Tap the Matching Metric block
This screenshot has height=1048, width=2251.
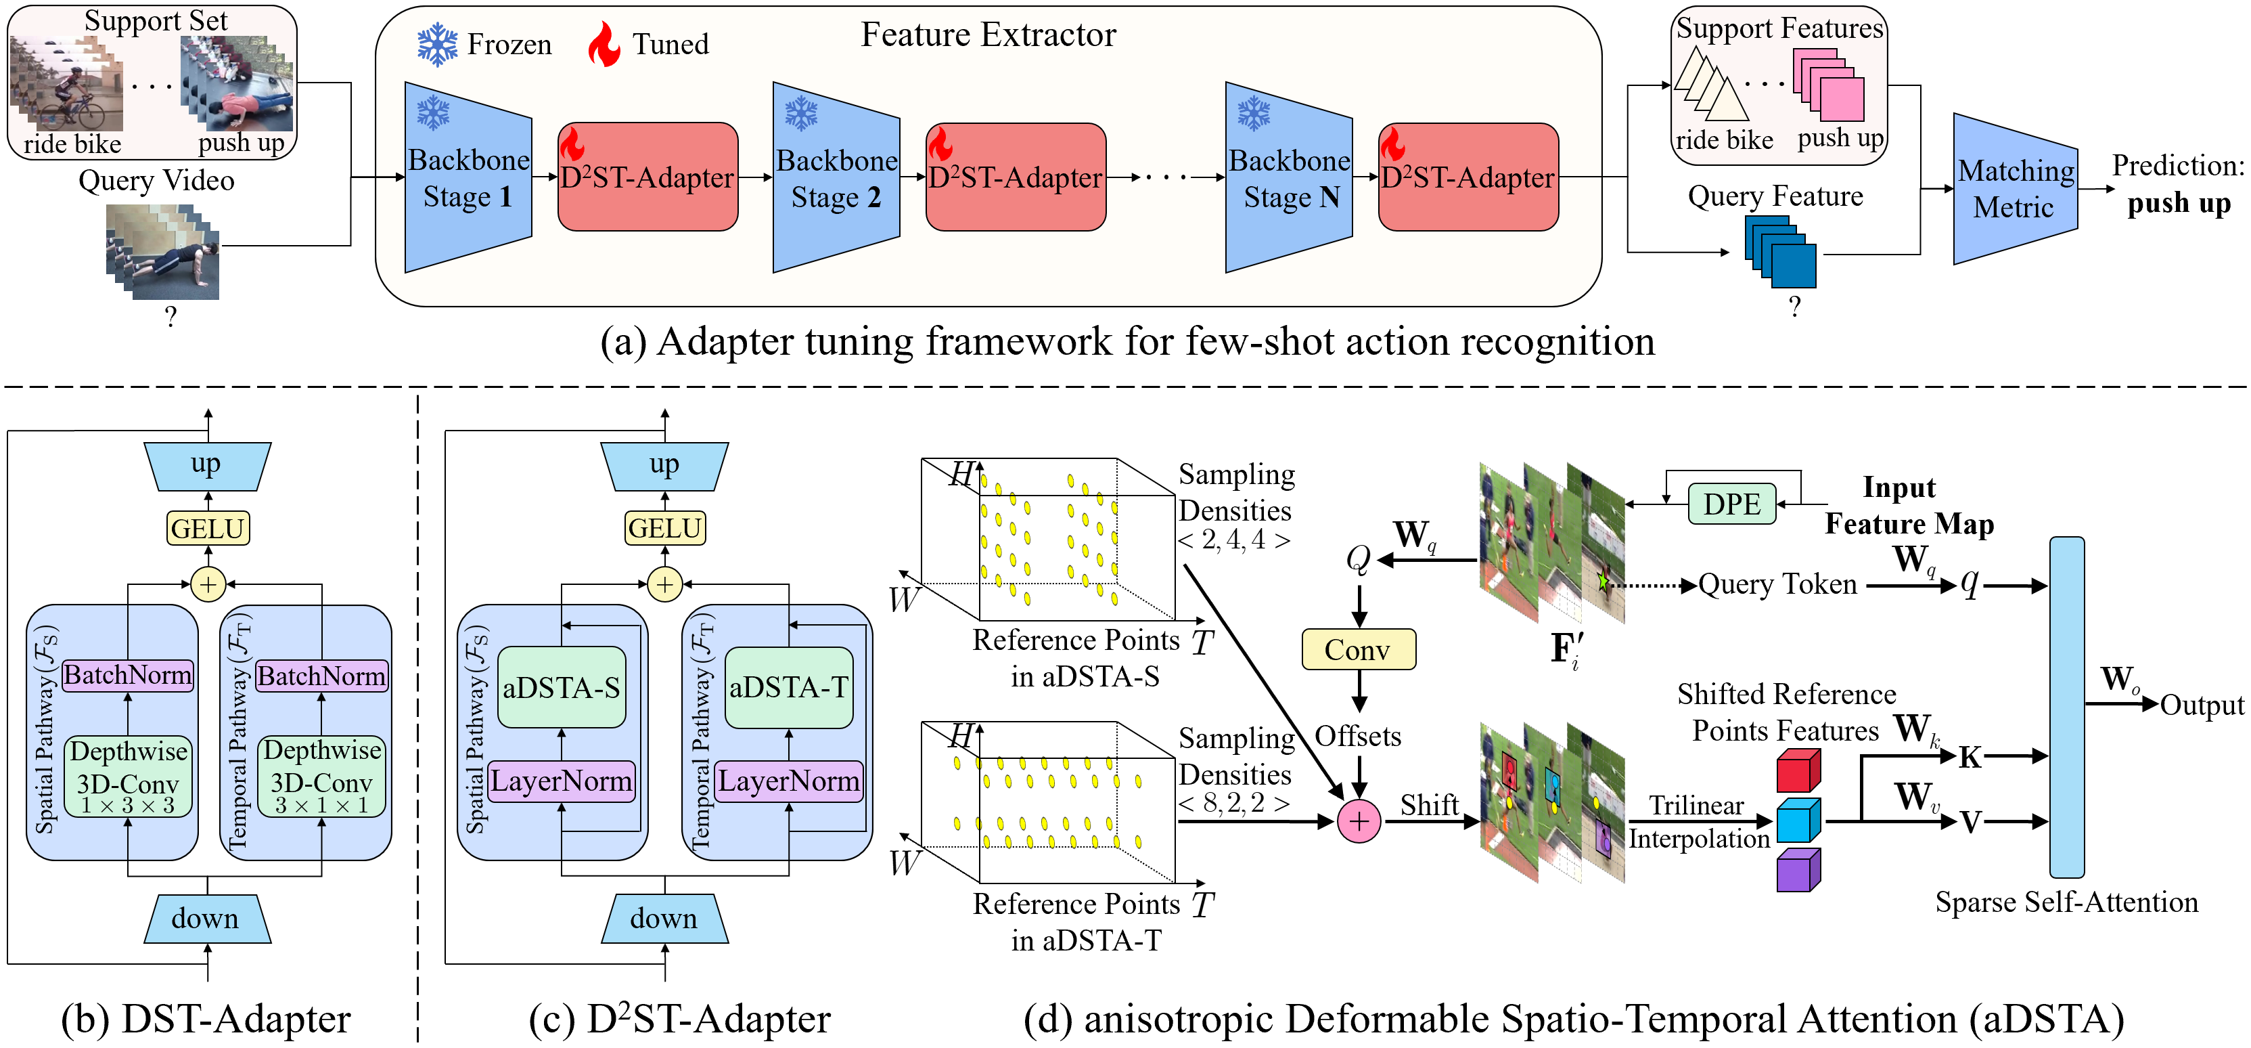pyautogui.click(x=2014, y=189)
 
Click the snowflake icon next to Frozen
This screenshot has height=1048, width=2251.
pyautogui.click(x=437, y=45)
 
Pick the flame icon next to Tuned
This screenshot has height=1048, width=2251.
pyautogui.click(x=603, y=45)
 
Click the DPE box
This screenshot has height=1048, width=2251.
pyautogui.click(x=1731, y=504)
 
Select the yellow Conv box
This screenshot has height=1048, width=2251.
pyautogui.click(x=1358, y=649)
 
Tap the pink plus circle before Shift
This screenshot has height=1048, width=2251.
pyautogui.click(x=1359, y=822)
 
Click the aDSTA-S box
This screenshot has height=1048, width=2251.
pyautogui.click(x=561, y=688)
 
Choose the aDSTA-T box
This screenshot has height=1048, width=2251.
pyautogui.click(x=788, y=688)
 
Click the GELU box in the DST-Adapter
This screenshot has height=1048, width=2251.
pyautogui.click(x=208, y=528)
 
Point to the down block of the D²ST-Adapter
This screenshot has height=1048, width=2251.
pyautogui.click(x=664, y=919)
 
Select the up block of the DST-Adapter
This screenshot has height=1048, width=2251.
pyautogui.click(x=207, y=465)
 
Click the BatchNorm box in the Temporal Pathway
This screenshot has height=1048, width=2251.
pyautogui.click(x=321, y=676)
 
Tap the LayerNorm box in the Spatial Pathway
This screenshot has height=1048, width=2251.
pyautogui.click(x=561, y=781)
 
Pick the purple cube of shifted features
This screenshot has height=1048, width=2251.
pyautogui.click(x=1798, y=871)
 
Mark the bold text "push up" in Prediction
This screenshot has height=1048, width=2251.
pyautogui.click(x=2179, y=204)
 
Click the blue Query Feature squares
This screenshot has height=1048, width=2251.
pyautogui.click(x=1781, y=252)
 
